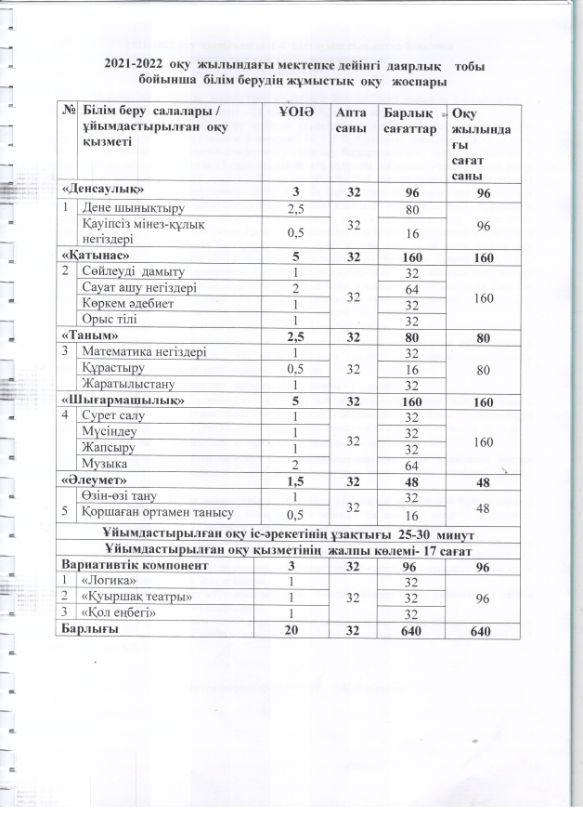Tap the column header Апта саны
(350, 121)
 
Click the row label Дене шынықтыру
(128, 208)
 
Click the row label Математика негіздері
(142, 352)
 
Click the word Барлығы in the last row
(90, 629)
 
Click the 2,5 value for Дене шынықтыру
(297, 208)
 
